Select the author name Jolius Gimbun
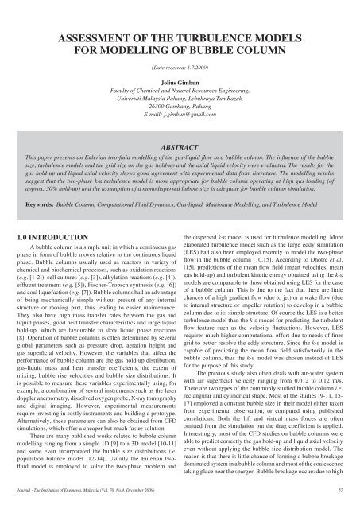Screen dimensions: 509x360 pyautogui.click(x=180, y=80)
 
